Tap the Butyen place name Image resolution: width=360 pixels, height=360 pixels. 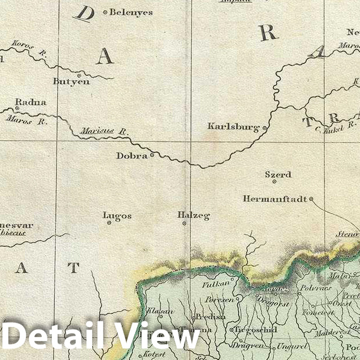click(72, 82)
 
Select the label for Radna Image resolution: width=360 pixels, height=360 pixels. click(31, 103)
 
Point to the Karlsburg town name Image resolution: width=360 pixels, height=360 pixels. click(234, 127)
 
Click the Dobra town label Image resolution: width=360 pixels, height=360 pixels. click(132, 156)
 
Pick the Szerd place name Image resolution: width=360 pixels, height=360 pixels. click(277, 175)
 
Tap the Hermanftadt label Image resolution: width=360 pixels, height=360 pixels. click(275, 199)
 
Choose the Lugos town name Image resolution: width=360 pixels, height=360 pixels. click(117, 216)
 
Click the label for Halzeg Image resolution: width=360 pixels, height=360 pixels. click(193, 216)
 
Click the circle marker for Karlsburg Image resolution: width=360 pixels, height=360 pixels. click(264, 127)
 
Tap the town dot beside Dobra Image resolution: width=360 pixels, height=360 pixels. click(152, 155)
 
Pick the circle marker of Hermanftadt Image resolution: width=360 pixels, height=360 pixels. click(311, 199)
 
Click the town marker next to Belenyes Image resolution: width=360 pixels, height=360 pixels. click(105, 12)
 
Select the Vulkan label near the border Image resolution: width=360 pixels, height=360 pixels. click(216, 283)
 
